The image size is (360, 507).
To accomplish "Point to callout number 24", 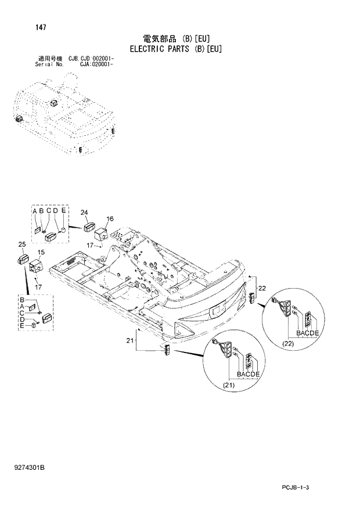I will coord(84,212).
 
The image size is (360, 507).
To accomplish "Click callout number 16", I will coord(110,218).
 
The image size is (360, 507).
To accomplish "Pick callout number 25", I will coord(21,244).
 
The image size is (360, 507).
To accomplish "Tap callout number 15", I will coord(41,252).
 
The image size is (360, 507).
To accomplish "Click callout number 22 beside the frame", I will coord(262,288).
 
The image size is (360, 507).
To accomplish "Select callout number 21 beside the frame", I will coord(131,340).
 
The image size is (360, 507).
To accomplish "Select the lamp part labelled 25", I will coord(23,258).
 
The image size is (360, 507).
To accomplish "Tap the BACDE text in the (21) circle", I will coord(248,375).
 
